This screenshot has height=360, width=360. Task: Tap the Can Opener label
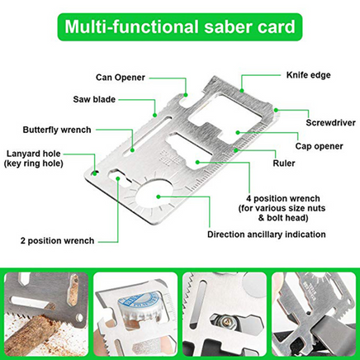pos(121,78)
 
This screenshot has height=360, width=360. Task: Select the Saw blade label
pos(94,99)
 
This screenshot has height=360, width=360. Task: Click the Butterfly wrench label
pos(57,130)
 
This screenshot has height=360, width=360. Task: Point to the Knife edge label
pos(309,75)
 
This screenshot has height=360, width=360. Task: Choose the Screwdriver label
pos(330,122)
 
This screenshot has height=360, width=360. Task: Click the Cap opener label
pos(320,146)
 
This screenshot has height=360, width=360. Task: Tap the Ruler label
pos(284,163)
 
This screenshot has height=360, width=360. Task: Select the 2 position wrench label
pos(57,240)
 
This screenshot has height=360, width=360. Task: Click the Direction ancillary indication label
pos(267,234)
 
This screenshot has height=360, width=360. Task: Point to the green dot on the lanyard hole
pos(95,173)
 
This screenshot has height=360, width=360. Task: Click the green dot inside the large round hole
pos(158,197)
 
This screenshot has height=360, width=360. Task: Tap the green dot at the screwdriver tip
pos(276,110)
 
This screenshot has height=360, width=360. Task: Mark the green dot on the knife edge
pos(242,90)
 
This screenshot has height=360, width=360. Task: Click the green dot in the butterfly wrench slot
pos(132,150)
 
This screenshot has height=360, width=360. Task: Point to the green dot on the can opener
pos(186,95)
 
